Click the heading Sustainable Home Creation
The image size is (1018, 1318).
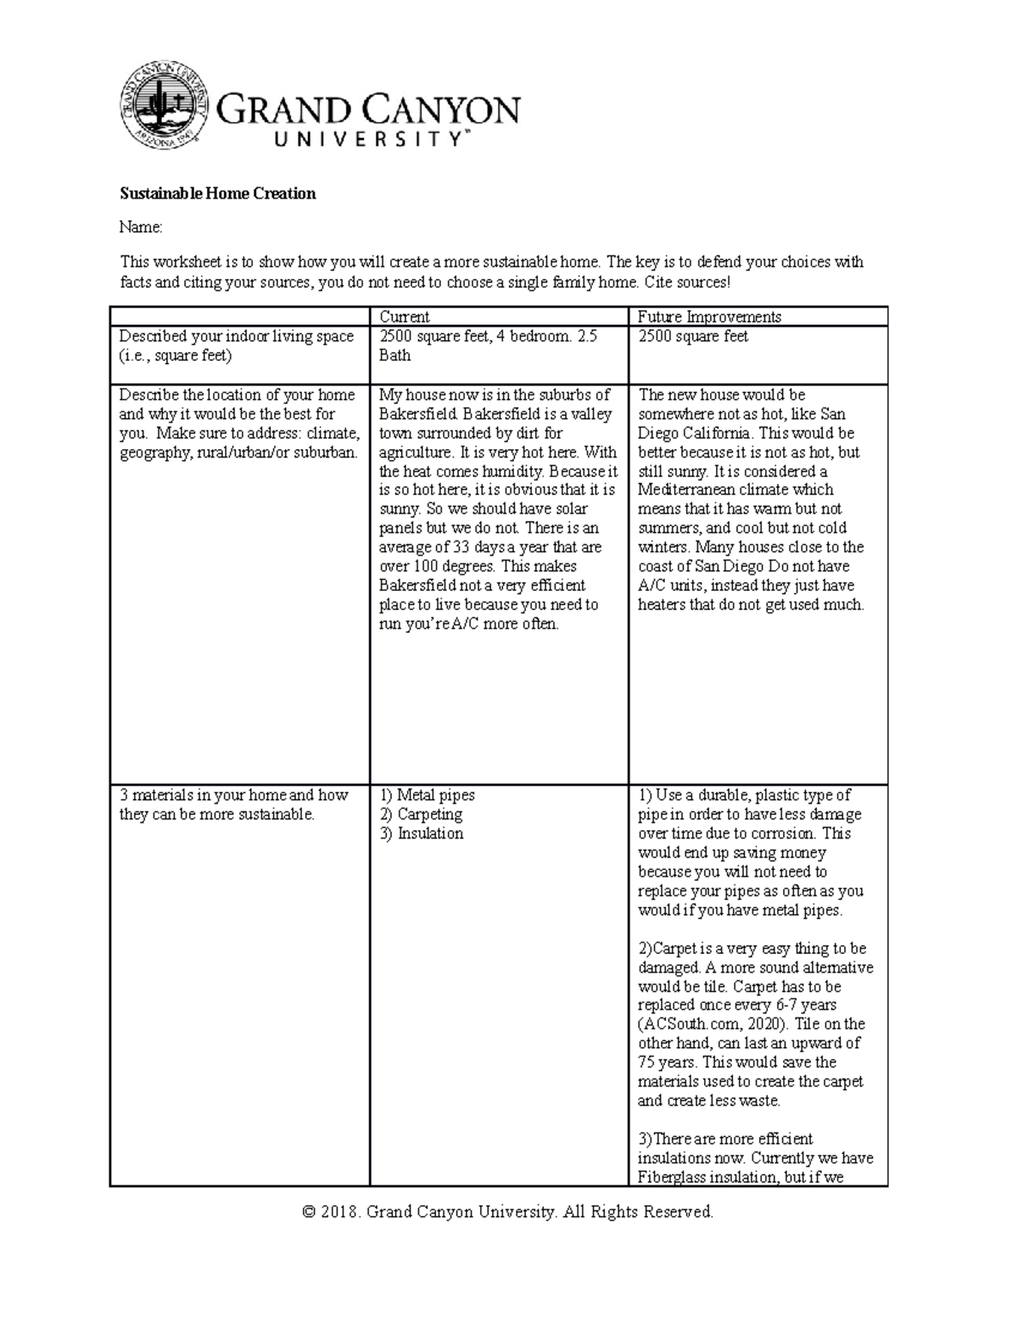tap(217, 193)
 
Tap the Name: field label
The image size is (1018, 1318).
tap(140, 227)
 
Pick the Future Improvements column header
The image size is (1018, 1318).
tap(709, 317)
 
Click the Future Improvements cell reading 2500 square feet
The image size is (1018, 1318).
tap(692, 337)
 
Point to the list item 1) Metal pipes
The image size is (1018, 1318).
tap(427, 795)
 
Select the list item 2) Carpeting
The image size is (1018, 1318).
tap(421, 815)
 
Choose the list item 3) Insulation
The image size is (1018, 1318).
tap(421, 833)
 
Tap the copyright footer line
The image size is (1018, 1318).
tap(507, 1212)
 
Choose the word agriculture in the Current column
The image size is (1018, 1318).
tap(415, 452)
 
